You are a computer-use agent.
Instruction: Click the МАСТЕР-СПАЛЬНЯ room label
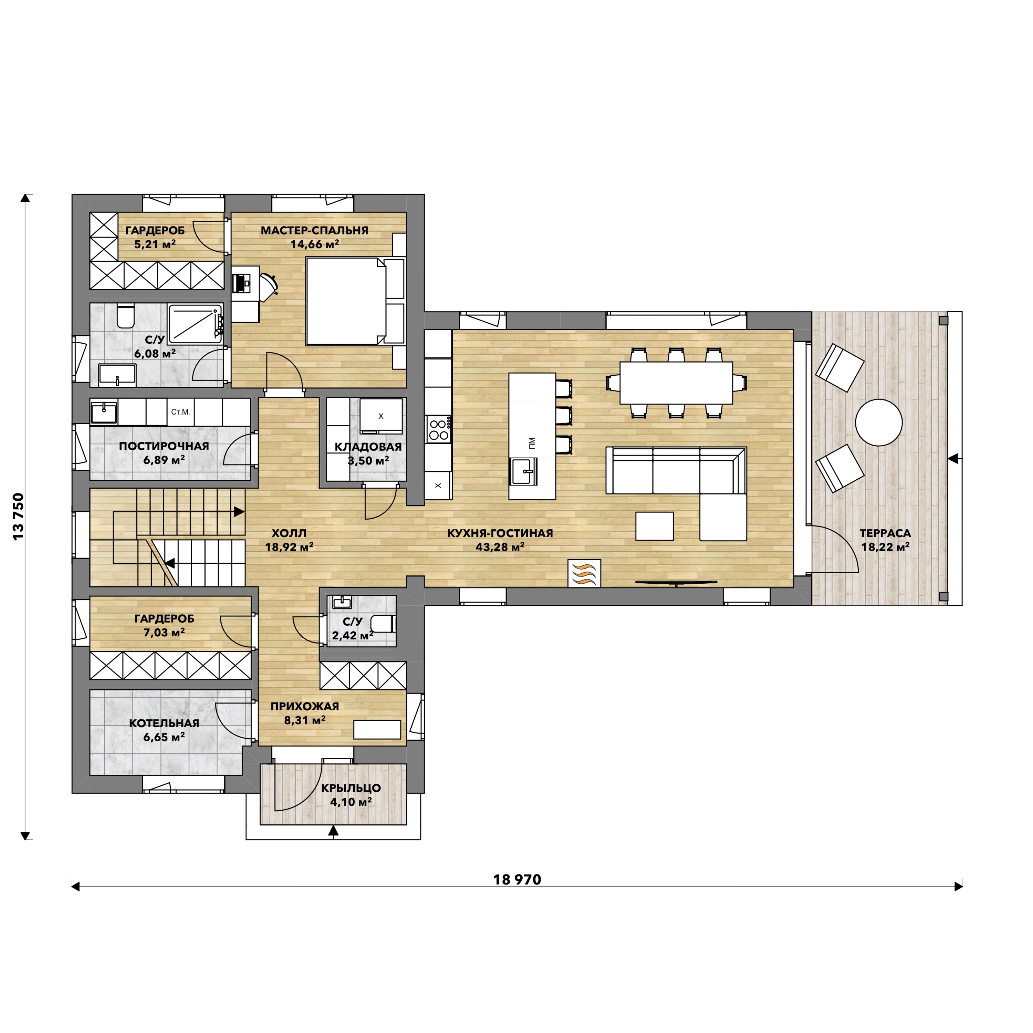pyautogui.click(x=314, y=230)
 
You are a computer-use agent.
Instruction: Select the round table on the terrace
pyautogui.click(x=878, y=422)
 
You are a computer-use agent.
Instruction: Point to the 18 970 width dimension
pyautogui.click(x=517, y=879)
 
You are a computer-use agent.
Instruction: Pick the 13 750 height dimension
pyautogui.click(x=19, y=516)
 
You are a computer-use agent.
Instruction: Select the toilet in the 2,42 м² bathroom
pyautogui.click(x=383, y=624)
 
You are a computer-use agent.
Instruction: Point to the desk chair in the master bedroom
pyautogui.click(x=269, y=284)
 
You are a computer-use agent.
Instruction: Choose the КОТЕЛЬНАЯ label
pyautogui.click(x=164, y=723)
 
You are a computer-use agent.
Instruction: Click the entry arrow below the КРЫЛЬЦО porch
pyautogui.click(x=334, y=830)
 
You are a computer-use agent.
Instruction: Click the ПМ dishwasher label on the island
pyautogui.click(x=531, y=443)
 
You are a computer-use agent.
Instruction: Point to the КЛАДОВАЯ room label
pyautogui.click(x=368, y=447)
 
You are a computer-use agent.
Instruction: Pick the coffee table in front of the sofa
pyautogui.click(x=655, y=526)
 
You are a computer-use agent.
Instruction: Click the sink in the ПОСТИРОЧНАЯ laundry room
pyautogui.click(x=104, y=413)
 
